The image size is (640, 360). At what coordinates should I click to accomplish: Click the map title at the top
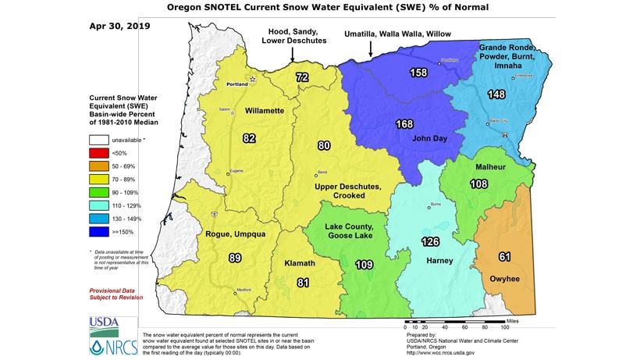point(320,8)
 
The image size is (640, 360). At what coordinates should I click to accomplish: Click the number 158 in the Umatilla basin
point(420,73)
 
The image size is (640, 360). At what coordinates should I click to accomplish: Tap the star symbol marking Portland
point(251,79)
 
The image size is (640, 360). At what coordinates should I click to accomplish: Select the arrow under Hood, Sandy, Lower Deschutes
point(292,55)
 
